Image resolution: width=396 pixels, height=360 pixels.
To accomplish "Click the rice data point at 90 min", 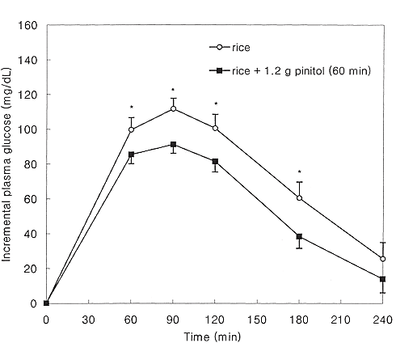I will click(x=173, y=108).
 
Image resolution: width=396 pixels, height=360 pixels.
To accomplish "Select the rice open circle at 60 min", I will click(x=131, y=129).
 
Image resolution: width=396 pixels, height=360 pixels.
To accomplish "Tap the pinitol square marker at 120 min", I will click(x=215, y=162).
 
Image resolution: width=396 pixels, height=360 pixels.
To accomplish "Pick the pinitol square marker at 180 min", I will click(x=299, y=237).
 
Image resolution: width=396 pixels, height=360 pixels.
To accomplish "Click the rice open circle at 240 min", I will click(x=382, y=259).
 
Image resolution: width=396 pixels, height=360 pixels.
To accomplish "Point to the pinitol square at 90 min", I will click(x=173, y=145).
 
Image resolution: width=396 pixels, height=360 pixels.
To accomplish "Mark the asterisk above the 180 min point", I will click(x=299, y=172).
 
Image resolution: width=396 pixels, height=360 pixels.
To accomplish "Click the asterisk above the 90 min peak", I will click(x=173, y=90).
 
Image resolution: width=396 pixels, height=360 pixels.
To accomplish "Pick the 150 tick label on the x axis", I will click(x=256, y=318).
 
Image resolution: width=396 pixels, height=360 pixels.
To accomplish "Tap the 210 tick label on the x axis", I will click(x=340, y=318).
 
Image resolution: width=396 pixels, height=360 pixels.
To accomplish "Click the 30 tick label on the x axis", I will click(x=89, y=318).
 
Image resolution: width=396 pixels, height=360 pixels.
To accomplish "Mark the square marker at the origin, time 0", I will click(x=47, y=303).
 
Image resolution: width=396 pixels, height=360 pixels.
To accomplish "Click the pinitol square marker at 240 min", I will click(x=382, y=279).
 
